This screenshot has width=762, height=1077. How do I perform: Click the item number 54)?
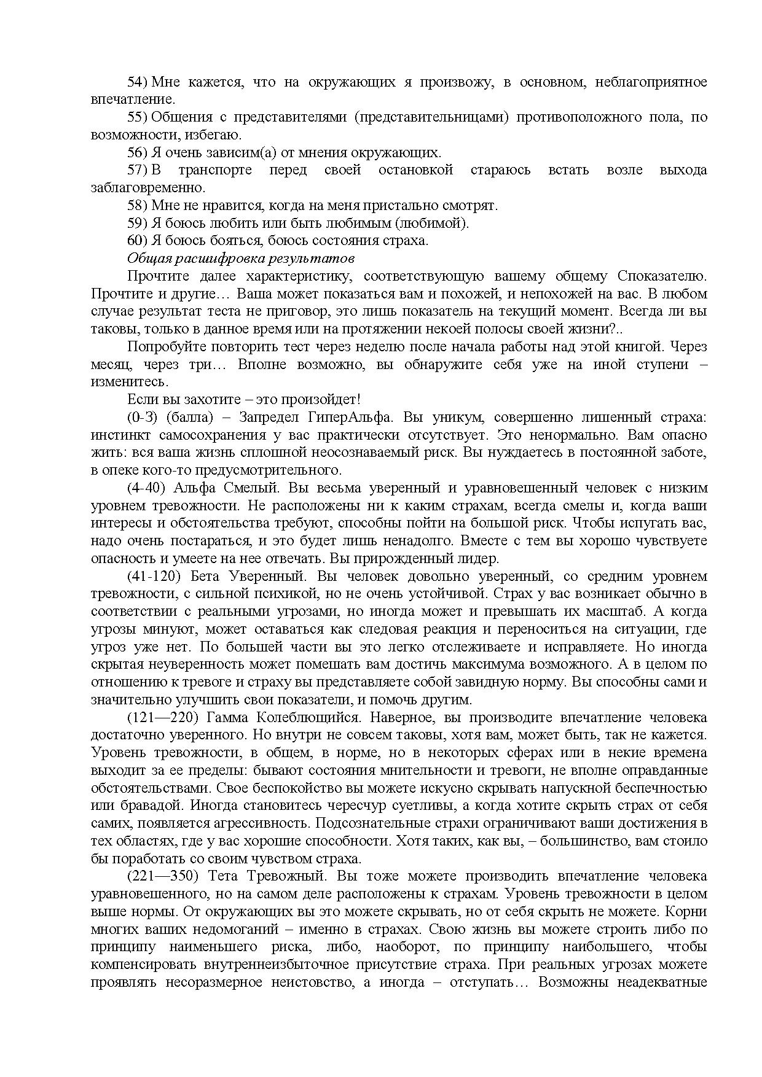138,82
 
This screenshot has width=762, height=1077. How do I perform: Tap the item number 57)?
138,170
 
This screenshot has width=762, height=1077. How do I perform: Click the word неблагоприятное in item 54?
651,82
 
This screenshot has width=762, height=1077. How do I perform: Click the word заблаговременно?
148,188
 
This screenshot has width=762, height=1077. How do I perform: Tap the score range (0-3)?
143,418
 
